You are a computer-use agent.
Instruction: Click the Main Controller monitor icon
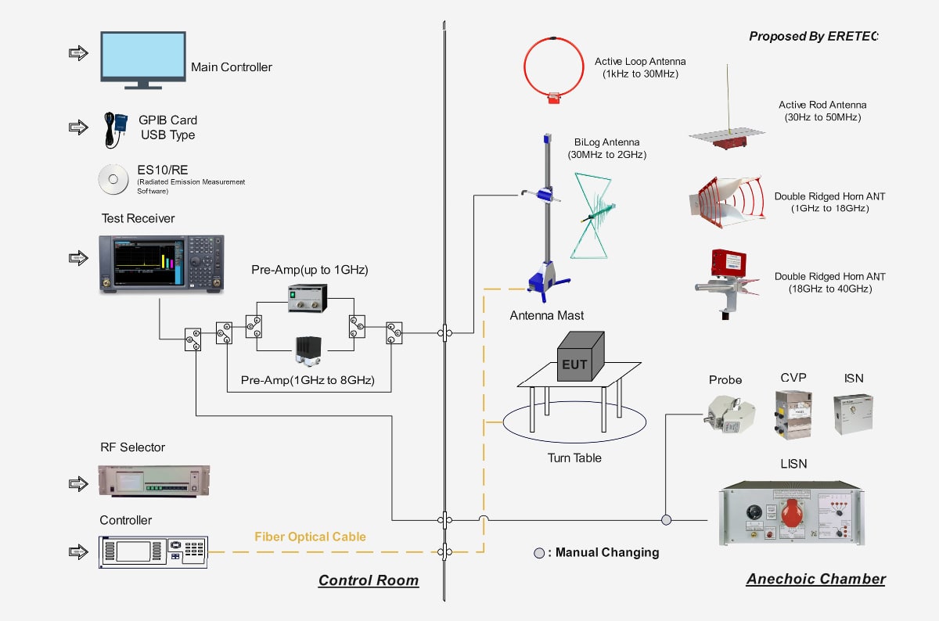click(x=142, y=57)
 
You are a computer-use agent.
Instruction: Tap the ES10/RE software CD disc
click(x=113, y=179)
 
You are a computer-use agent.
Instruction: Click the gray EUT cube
click(x=580, y=357)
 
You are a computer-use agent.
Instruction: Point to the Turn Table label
click(x=574, y=458)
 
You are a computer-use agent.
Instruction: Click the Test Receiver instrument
click(x=162, y=264)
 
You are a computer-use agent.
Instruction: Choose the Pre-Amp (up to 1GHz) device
click(x=308, y=297)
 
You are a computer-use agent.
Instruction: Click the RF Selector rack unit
click(x=153, y=480)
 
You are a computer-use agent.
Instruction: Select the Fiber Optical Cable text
click(x=310, y=537)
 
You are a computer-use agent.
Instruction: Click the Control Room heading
click(x=368, y=580)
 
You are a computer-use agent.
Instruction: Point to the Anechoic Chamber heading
click(x=815, y=579)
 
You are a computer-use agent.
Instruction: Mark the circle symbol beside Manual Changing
click(x=539, y=553)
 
